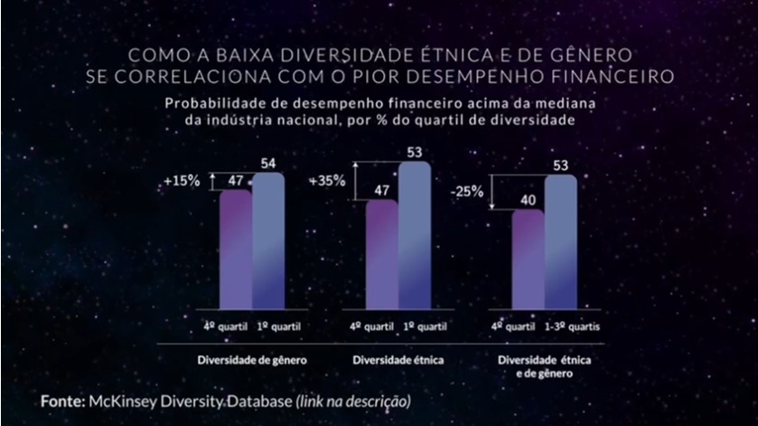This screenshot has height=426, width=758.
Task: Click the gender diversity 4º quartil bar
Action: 235,251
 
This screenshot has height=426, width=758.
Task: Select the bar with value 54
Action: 268,242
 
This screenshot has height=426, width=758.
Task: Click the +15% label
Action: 182,182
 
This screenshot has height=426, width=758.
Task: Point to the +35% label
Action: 326,181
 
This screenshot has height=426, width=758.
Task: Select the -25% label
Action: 469,192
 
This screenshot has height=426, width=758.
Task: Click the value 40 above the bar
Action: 528,198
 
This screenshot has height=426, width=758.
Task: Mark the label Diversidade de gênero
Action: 253,359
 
